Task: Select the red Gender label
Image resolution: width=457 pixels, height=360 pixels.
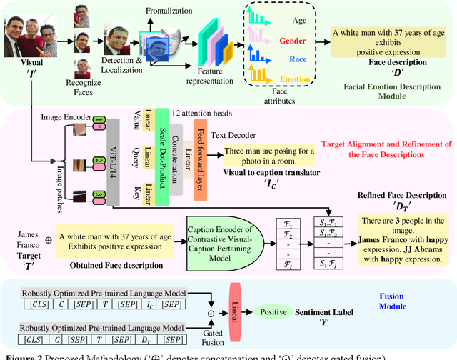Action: click(x=293, y=41)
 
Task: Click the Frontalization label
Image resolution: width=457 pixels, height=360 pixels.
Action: click(x=170, y=11)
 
